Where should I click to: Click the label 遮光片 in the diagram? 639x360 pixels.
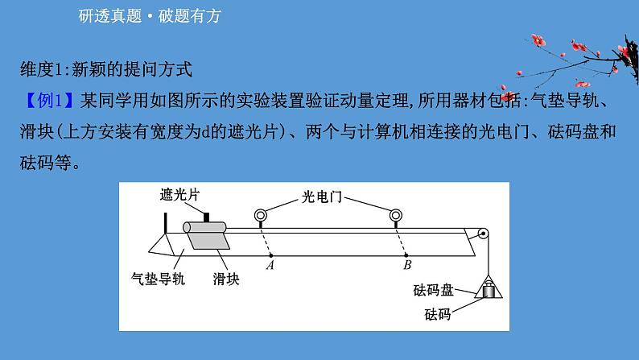coord(179,195)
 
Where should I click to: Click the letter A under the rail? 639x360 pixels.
coord(270,263)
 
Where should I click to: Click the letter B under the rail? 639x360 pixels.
coord(407,263)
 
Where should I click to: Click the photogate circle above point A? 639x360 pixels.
coord(261,216)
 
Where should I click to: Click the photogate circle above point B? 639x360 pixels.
coord(394,216)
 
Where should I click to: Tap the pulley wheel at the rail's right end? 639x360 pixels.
coord(481,236)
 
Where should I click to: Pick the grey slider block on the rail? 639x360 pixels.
coord(206,237)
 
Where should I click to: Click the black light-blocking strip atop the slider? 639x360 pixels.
coord(207,218)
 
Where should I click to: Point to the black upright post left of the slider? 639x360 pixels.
coord(165,222)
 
